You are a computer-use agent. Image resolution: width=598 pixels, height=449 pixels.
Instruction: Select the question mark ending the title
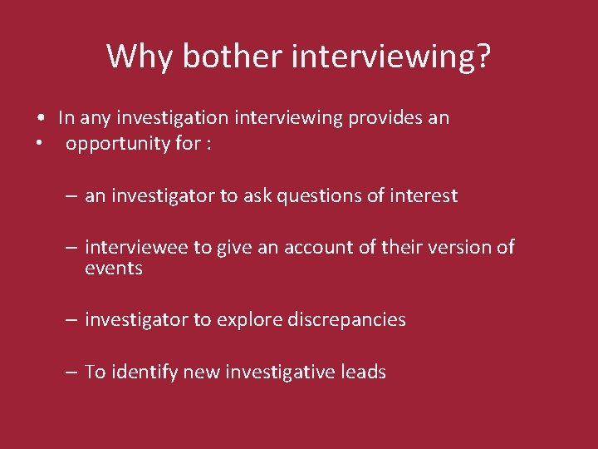pos(483,57)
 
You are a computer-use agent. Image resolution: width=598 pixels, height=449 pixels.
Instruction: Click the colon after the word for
pos(208,144)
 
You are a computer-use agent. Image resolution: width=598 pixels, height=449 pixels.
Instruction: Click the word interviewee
pos(136,247)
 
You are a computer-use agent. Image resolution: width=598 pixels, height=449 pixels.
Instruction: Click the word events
pos(114,269)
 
